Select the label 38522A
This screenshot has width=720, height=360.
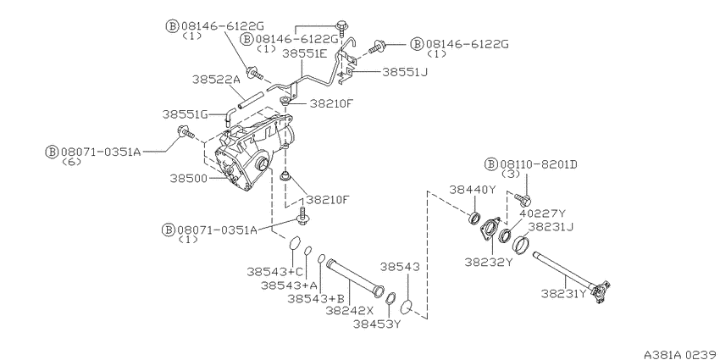(216, 80)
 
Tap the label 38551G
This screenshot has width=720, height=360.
(186, 114)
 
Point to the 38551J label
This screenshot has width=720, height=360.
(405, 72)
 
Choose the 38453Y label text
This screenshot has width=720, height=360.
(377, 324)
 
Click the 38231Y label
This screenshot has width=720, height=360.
(564, 293)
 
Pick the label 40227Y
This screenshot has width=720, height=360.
(544, 213)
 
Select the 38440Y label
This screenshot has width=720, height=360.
(473, 190)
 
